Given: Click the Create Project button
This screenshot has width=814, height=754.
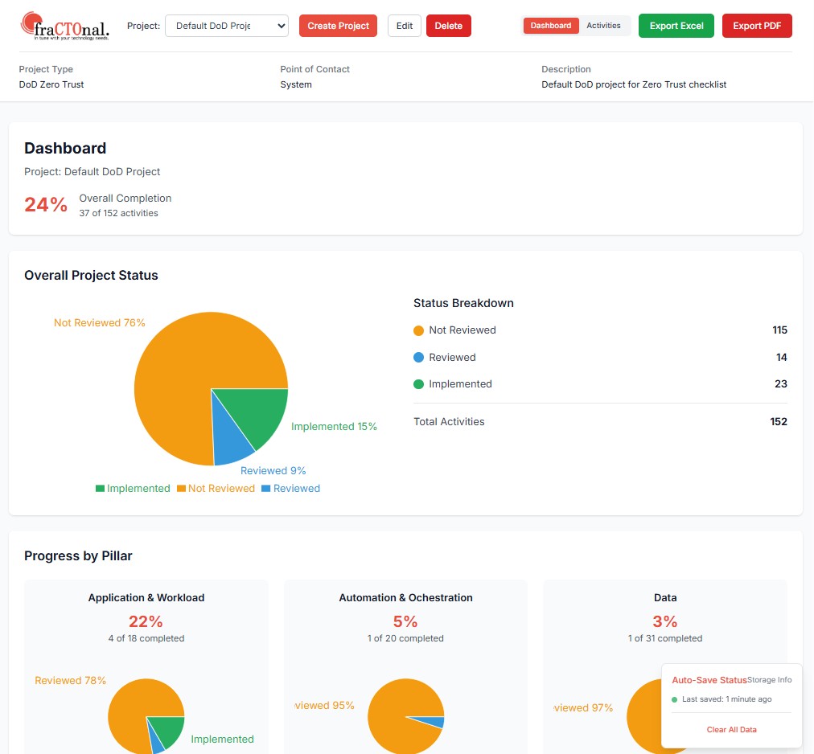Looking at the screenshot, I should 338,26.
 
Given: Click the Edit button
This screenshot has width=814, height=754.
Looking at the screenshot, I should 405,26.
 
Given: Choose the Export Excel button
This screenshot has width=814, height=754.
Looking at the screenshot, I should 676,26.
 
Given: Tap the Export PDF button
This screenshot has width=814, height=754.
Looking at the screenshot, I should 757,26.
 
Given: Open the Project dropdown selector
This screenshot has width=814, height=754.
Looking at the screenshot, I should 226,26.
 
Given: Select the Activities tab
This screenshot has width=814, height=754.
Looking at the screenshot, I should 603,26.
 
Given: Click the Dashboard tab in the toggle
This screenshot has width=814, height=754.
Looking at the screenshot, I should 551,26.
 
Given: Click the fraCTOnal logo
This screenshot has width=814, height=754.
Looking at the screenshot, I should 65,26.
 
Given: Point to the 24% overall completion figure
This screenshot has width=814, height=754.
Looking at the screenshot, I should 46,205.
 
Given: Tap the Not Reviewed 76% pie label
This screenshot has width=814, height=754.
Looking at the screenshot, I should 100,323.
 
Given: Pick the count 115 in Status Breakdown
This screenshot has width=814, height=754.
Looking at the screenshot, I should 778,330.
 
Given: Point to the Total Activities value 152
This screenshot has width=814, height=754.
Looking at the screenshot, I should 778,422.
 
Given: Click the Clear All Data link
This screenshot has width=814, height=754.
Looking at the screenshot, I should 731,730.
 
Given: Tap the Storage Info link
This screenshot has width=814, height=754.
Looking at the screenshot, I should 770,680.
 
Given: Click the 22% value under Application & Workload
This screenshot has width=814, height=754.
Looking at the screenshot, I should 146,621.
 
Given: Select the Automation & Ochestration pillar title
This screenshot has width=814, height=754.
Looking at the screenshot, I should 405,598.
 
